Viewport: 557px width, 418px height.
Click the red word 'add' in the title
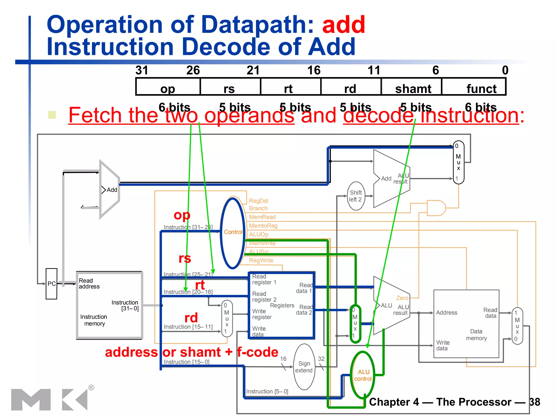344,25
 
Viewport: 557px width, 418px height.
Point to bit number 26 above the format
193,70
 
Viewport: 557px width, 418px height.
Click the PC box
51,284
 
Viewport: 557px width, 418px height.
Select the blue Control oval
233,233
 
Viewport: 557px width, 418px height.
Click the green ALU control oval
363,375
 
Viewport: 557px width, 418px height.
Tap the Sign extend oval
304,367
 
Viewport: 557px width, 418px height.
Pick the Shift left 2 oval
356,196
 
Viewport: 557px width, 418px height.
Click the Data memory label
476,335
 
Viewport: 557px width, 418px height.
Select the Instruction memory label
94,320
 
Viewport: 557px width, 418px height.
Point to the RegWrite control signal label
261,260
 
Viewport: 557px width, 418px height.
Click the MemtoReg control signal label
263,226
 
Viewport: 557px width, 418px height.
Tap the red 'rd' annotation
191,318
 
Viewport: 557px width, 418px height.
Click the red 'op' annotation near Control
182,215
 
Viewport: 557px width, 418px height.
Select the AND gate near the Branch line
436,208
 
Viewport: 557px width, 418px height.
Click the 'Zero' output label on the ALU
402,298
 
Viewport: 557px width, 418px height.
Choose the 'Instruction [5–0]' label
267,391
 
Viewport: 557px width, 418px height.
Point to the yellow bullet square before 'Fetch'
52,115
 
